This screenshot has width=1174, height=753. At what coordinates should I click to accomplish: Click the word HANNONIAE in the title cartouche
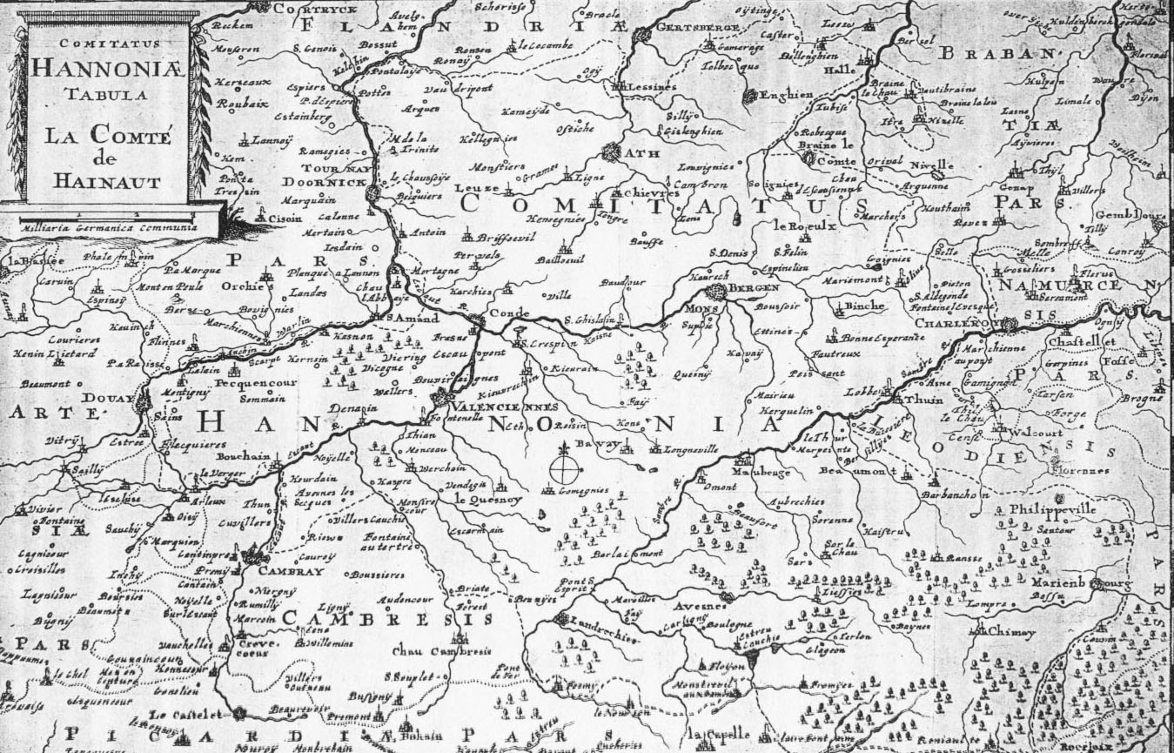(x=109, y=67)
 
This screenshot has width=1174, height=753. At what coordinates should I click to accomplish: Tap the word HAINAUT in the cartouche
(x=107, y=181)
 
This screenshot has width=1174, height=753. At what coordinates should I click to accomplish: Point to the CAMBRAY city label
(x=293, y=572)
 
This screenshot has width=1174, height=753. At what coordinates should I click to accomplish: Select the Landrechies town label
(x=608, y=622)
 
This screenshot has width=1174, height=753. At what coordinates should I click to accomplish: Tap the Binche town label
(x=865, y=306)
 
